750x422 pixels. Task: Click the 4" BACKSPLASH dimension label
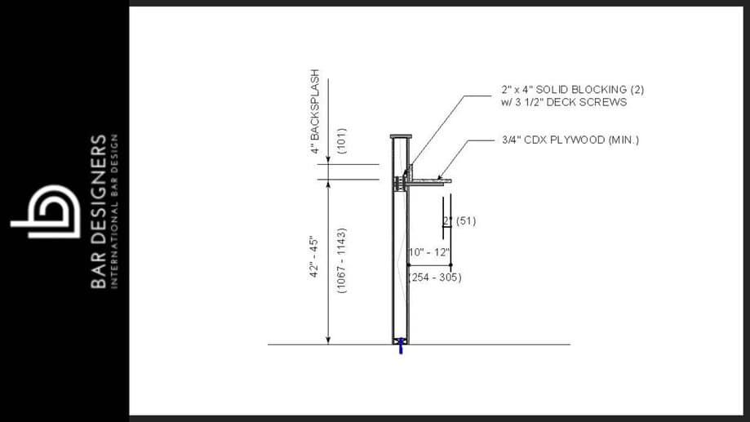point(314,117)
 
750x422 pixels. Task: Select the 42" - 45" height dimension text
point(315,256)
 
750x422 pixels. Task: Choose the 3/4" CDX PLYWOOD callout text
point(570,140)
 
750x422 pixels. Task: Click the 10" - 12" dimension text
point(429,252)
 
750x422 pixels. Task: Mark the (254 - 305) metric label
point(435,278)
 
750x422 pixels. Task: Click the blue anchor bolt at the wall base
point(400,346)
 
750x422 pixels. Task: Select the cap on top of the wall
point(401,135)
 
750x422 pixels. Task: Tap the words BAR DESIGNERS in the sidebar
point(98,211)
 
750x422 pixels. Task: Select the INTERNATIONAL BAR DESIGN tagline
point(114,211)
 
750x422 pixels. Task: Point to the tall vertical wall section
point(400,261)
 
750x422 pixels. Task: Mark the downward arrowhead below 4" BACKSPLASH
point(327,160)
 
